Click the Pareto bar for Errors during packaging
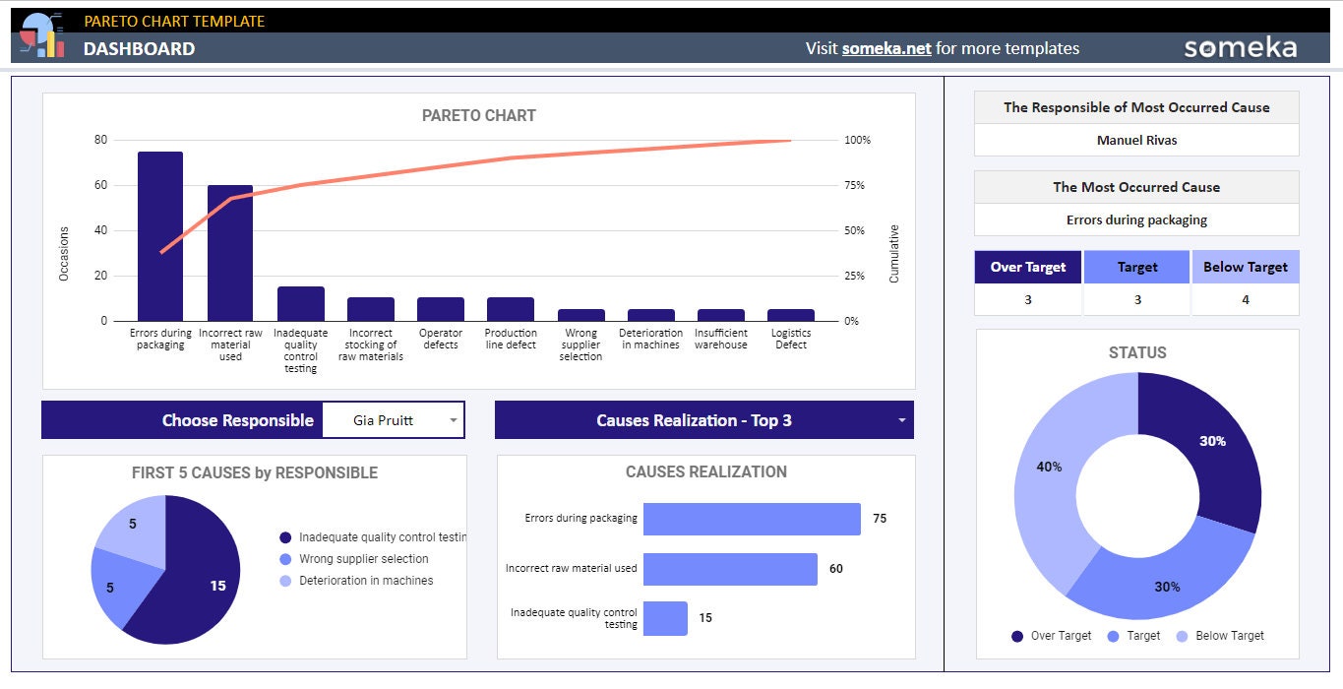click(x=160, y=236)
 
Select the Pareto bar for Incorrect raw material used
click(x=230, y=253)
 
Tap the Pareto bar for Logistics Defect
click(x=791, y=315)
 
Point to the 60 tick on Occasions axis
click(x=100, y=185)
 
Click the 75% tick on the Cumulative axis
click(x=855, y=185)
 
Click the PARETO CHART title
click(x=478, y=115)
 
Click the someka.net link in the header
click(x=885, y=48)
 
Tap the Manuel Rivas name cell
click(x=1136, y=140)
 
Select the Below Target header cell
click(x=1245, y=267)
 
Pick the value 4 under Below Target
click(x=1245, y=299)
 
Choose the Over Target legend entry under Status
click(x=1052, y=636)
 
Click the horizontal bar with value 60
click(x=730, y=569)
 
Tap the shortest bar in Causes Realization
click(x=665, y=618)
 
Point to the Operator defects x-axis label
click(x=441, y=339)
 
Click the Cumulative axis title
click(x=894, y=254)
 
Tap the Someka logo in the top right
click(x=1240, y=48)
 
